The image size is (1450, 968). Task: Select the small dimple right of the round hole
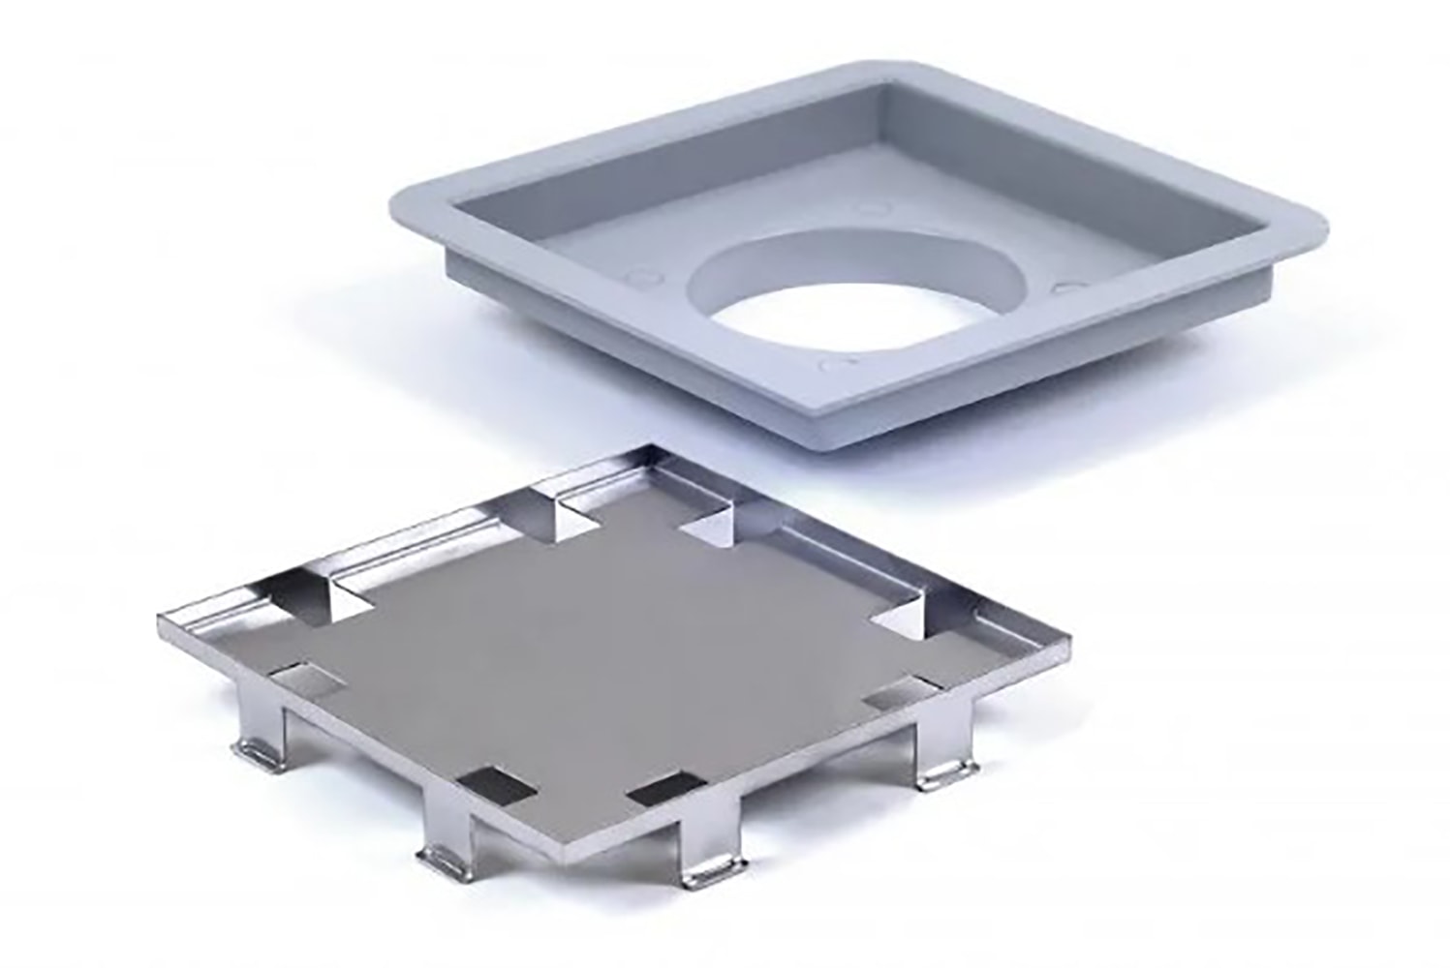click(x=1069, y=287)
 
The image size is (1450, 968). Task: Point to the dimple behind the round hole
click(x=867, y=206)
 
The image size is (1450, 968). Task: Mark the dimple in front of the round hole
click(x=836, y=365)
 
